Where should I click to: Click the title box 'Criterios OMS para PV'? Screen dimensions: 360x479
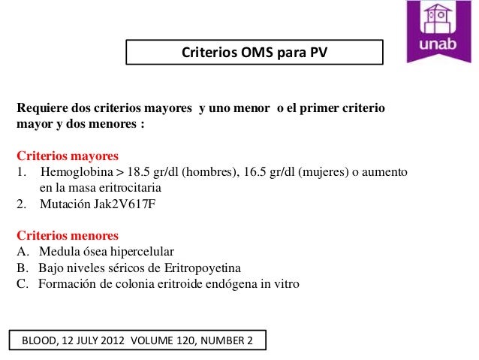click(254, 53)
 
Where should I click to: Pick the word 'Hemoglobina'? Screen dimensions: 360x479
click(74, 172)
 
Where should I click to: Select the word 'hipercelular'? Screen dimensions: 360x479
click(145, 251)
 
